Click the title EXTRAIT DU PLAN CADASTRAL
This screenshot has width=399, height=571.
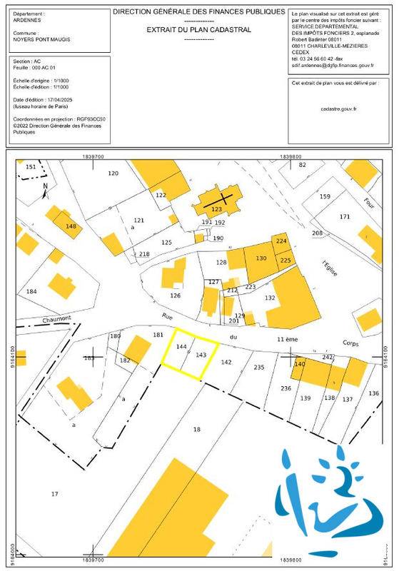coord(199,30)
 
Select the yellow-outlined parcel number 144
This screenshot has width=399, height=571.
coord(181,346)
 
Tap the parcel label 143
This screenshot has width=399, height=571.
coord(201,355)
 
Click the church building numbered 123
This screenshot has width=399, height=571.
coord(217,210)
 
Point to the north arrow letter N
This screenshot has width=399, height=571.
coord(44,187)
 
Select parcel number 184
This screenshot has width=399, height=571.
coord(31,291)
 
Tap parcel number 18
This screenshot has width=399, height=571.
coord(198,429)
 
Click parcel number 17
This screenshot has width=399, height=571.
coord(54,494)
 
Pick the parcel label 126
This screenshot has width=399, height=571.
coord(175,295)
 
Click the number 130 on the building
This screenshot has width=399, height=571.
coord(261,258)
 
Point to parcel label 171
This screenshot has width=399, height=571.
coord(345,216)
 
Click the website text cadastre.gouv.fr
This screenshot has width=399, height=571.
coord(339,108)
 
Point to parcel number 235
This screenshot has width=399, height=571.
coord(258,367)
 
